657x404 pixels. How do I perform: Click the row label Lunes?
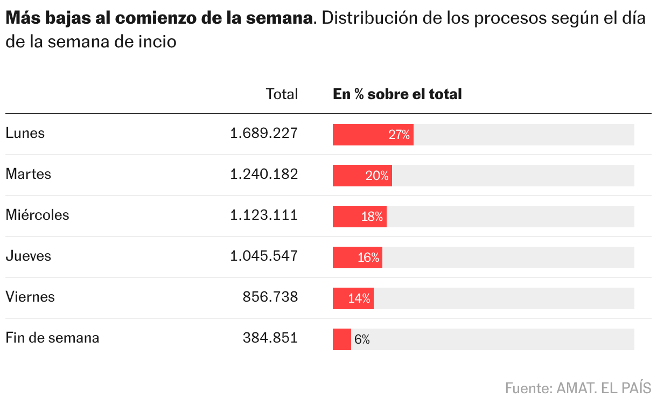pos(25,133)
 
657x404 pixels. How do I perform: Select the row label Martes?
pos(29,174)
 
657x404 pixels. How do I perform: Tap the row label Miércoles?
pos(37,215)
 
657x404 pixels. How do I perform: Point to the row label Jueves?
pos(29,256)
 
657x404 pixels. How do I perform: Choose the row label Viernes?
pos(30,297)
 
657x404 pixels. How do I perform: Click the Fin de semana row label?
pos(52,338)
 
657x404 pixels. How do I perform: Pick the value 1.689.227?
pos(263,133)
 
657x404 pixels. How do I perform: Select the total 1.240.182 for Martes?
pos(263,174)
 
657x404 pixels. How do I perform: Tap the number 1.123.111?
pos(263,215)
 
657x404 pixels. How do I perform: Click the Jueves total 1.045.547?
pos(263,256)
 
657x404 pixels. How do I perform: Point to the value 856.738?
pos(270,297)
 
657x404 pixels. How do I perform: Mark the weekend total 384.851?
pos(270,338)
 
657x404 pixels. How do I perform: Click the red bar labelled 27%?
pos(373,135)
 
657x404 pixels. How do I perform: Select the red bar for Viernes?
pos(353,298)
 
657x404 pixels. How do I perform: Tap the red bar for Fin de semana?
pos(341,339)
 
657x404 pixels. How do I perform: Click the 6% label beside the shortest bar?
pos(362,339)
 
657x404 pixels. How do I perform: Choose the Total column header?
pos(282,94)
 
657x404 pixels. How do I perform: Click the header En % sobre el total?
pos(397,94)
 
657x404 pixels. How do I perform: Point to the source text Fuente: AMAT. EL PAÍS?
pos(578,387)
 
